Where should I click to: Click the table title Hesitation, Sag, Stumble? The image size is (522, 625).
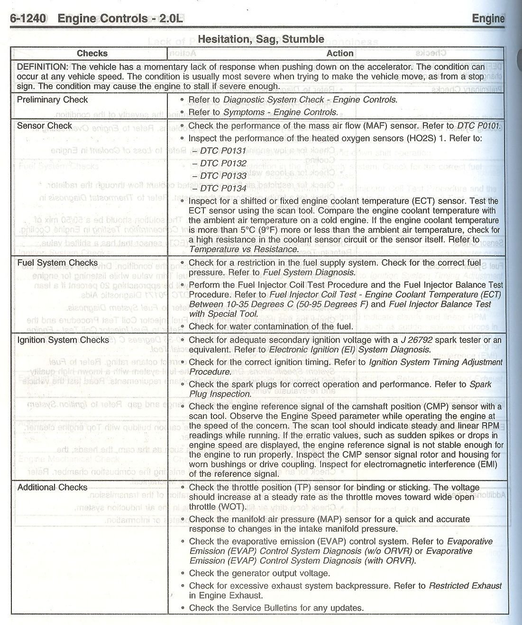[x=261, y=39]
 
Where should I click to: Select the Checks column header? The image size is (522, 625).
[x=92, y=54]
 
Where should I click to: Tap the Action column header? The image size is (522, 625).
[x=339, y=54]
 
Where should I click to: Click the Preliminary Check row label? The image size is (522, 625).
[x=52, y=100]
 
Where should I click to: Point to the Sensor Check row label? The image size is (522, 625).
[x=44, y=126]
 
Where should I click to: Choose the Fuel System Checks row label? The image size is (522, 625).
[x=57, y=263]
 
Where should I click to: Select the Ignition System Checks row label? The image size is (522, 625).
[x=63, y=340]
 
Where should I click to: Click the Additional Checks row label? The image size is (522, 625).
[x=52, y=487]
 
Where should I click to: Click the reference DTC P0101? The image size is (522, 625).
[x=478, y=126]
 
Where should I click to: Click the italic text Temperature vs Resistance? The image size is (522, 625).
[x=244, y=249]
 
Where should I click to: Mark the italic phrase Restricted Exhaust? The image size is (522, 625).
[x=465, y=586]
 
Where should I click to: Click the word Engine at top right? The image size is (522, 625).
[x=488, y=18]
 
